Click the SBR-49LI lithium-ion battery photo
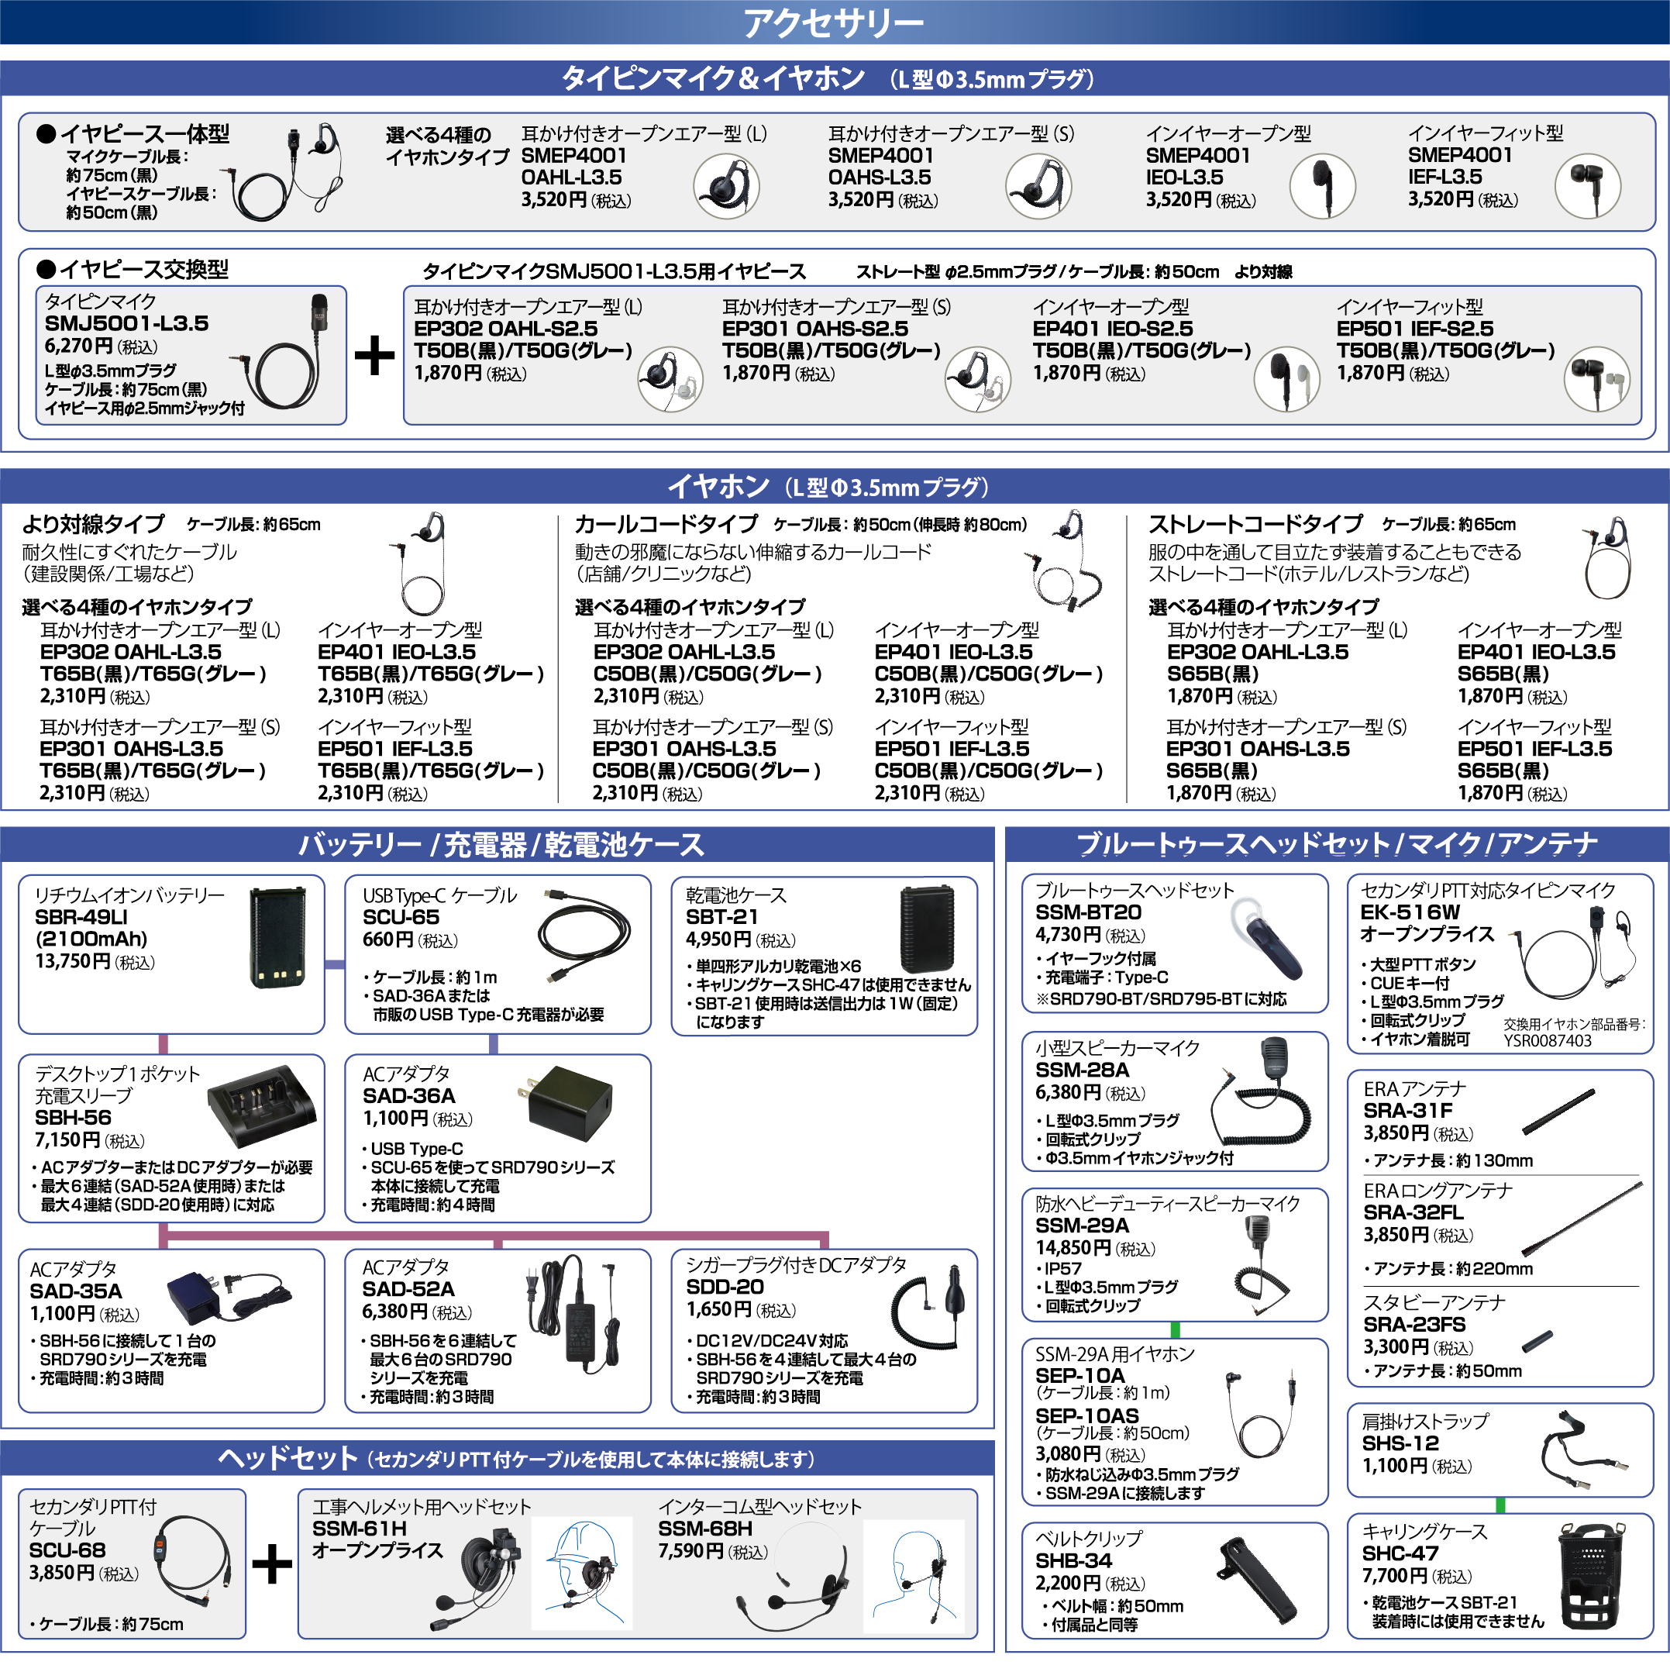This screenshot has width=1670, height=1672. (x=277, y=937)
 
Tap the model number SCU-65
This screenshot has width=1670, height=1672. (x=401, y=917)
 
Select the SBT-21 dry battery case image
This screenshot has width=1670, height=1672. (x=928, y=929)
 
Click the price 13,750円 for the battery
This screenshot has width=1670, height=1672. (x=74, y=961)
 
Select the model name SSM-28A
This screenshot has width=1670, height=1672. (x=1082, y=1070)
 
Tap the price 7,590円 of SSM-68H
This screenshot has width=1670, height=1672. (x=690, y=1551)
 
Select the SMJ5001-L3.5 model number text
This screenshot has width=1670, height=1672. (x=126, y=324)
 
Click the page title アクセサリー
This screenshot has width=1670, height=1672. (x=834, y=22)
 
